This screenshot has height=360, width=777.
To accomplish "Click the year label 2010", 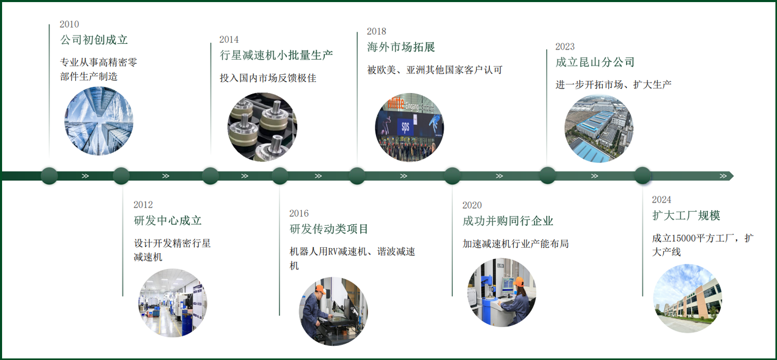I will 69,24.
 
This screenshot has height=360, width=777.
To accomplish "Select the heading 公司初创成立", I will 94,40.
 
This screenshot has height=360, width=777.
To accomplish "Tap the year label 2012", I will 143,205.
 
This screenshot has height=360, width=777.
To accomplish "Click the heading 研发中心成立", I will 168,220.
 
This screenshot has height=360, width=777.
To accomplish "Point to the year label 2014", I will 229,40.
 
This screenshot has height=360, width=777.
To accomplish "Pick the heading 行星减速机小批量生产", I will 276,55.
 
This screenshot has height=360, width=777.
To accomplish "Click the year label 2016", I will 299,213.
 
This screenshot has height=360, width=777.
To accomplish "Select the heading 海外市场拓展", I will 401,47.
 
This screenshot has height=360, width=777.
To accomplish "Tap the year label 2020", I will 472,205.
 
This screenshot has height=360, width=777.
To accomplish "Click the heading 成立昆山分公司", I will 595,62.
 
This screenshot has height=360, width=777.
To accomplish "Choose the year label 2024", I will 662,200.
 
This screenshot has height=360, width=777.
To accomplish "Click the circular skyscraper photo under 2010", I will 99,121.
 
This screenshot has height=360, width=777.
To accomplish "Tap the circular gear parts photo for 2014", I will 262,127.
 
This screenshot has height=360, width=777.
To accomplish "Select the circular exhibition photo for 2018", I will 409,127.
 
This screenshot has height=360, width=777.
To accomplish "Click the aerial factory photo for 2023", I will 599,129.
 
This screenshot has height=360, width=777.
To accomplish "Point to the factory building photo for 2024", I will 687,298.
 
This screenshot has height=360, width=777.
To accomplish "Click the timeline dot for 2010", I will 50,176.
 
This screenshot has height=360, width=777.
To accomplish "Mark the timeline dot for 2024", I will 643,176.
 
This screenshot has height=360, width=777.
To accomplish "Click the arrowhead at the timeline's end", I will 730,176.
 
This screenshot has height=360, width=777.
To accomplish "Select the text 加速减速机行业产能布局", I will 515,243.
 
